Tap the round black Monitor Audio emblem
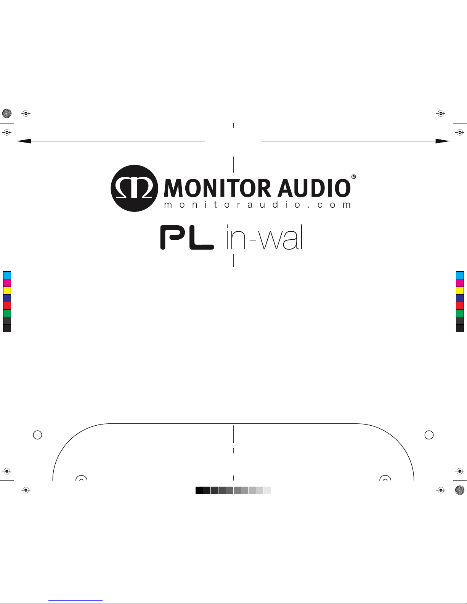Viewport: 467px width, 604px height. tap(134, 188)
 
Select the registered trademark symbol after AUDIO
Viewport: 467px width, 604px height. tap(353, 177)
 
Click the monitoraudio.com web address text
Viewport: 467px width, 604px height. tap(257, 205)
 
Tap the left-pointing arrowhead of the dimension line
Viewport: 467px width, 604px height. tap(24, 141)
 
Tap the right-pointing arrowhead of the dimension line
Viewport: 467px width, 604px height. tap(443, 141)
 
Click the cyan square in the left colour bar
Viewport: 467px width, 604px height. tap(7, 275)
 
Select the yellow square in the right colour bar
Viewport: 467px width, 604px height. tap(460, 290)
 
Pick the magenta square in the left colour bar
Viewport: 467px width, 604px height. tap(7, 283)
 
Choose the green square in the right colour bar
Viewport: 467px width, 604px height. tap(460, 313)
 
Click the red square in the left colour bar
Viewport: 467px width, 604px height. tap(7, 306)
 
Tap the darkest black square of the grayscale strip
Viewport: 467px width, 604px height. tap(199, 490)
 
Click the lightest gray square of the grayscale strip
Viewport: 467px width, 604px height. tap(267, 490)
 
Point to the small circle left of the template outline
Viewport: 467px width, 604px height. tap(37, 434)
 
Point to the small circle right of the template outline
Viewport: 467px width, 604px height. tap(429, 434)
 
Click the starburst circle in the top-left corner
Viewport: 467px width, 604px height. tap(7, 113)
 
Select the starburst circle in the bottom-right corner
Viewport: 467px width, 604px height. tap(460, 490)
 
